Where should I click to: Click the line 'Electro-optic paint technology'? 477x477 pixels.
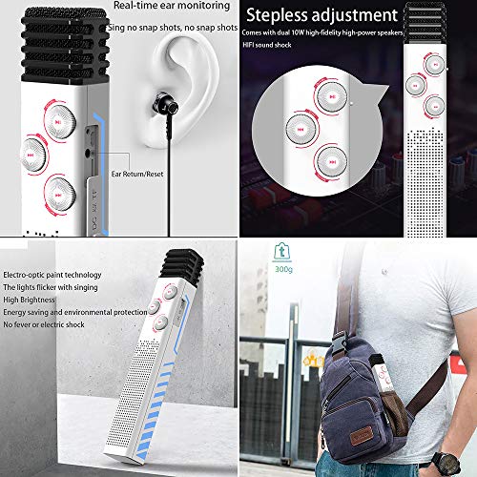58,251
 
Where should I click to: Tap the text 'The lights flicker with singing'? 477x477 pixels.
56,268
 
